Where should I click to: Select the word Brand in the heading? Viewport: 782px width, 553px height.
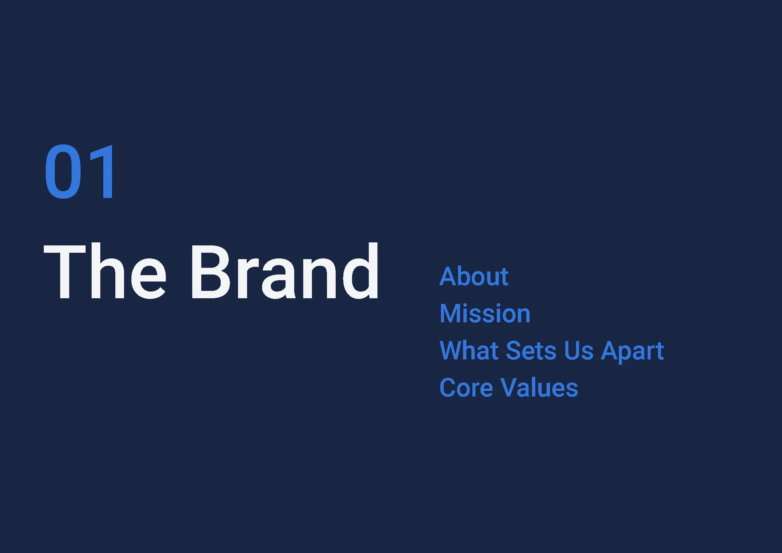click(x=285, y=271)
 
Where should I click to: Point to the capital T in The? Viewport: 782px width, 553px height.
click(x=65, y=272)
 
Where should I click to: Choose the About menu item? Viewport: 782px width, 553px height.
click(x=474, y=276)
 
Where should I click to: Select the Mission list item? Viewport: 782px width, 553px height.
click(x=485, y=313)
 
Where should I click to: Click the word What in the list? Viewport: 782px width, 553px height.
click(x=469, y=350)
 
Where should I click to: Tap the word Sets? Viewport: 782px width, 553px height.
click(x=531, y=350)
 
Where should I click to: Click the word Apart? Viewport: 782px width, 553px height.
click(x=632, y=351)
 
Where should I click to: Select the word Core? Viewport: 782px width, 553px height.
click(x=466, y=388)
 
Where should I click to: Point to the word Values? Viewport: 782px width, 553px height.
click(x=540, y=388)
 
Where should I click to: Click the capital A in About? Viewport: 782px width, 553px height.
click(x=448, y=276)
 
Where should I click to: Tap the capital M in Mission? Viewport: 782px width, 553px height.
click(x=450, y=313)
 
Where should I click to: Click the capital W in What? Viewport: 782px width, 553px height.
click(x=452, y=350)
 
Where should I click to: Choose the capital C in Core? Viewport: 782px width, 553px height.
click(x=448, y=388)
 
